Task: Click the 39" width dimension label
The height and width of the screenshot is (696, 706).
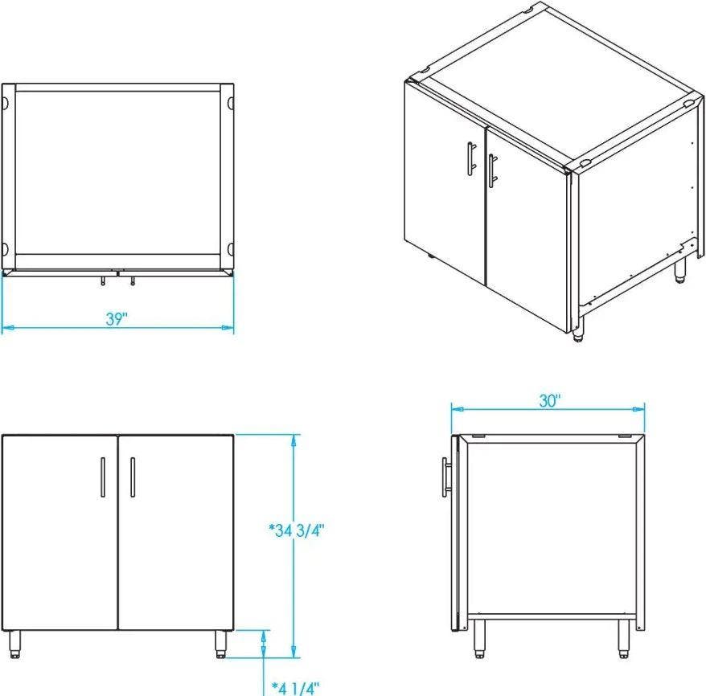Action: coord(117,318)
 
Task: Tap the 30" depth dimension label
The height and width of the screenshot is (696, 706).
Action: coord(550,401)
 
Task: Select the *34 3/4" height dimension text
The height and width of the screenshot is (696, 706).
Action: coord(297,530)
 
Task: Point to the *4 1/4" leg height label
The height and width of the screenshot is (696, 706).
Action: coord(296,688)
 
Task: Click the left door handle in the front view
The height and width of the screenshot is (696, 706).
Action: coord(103,477)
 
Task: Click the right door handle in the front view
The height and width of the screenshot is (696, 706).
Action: coord(133,477)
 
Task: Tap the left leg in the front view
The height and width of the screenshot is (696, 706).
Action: coord(15,644)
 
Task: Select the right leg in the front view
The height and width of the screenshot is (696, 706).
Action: coord(220,644)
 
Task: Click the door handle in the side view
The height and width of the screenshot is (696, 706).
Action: coord(446,477)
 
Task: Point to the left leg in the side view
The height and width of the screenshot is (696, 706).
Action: coord(479,639)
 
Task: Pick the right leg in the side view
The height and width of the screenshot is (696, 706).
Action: coord(624,639)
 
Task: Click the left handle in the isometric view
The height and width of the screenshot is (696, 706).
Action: coord(471,158)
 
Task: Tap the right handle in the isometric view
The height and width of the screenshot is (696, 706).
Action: coord(493,170)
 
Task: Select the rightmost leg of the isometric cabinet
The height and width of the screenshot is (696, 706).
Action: coord(680,271)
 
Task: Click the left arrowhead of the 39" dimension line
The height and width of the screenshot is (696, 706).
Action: coord(7,328)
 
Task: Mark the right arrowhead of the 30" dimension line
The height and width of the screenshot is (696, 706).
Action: coord(639,409)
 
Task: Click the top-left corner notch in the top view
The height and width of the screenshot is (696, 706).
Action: coord(5,103)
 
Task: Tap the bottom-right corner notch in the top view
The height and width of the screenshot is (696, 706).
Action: coord(230,248)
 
